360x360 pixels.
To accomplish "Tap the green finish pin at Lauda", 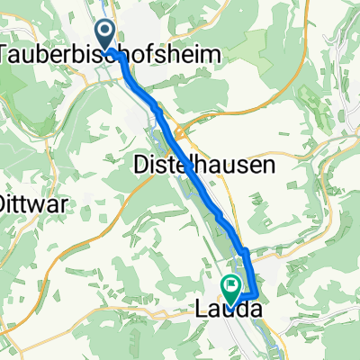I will pyautogui.click(x=233, y=289).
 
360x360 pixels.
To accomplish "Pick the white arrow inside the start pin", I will pyautogui.click(x=105, y=33).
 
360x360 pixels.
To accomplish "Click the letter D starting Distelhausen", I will pyautogui.click(x=140, y=165).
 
